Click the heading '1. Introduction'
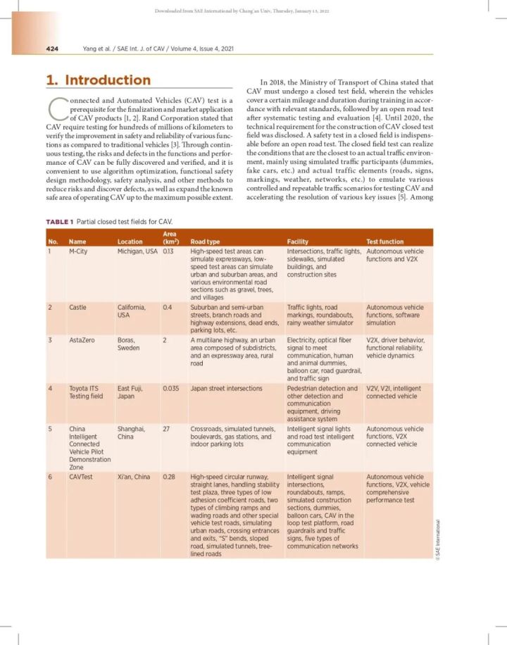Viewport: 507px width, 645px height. [x=99, y=80]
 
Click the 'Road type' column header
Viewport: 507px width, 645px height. [x=205, y=242]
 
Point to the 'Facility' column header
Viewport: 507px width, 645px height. [x=299, y=242]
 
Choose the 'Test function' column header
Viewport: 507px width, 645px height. [x=385, y=242]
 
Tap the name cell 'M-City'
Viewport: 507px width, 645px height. [x=78, y=251]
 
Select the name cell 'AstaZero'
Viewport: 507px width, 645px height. [x=82, y=339]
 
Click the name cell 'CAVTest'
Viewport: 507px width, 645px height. [x=81, y=477]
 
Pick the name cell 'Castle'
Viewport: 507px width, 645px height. [x=77, y=307]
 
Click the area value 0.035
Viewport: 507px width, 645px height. [x=171, y=388]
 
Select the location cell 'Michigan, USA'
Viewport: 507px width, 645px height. [x=138, y=251]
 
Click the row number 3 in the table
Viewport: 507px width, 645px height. [x=50, y=339]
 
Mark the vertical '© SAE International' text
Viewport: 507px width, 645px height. [x=437, y=539]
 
